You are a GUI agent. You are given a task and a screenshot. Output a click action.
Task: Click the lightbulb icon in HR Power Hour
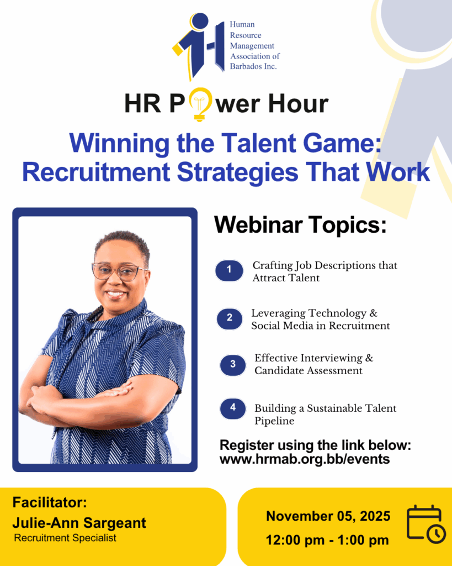click(200, 104)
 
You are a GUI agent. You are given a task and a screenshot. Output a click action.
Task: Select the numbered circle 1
click(229, 270)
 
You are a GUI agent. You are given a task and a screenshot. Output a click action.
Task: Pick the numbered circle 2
click(230, 318)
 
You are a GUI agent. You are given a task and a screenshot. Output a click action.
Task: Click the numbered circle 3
click(233, 365)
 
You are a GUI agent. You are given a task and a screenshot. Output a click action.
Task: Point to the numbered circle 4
click(233, 408)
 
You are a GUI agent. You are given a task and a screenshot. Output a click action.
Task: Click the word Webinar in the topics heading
click(258, 224)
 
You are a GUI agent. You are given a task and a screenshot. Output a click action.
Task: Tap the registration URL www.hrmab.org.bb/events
click(305, 459)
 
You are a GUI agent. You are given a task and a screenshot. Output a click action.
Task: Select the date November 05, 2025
click(328, 516)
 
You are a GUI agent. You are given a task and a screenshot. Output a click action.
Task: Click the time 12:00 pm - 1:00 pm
click(327, 541)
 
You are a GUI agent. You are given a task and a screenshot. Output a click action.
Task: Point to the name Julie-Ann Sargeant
click(79, 523)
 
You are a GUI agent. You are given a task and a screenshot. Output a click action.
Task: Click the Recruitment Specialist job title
click(65, 538)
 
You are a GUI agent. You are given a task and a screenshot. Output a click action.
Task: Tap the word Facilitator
click(50, 502)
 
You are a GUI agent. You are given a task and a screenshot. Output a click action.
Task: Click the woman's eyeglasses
click(119, 271)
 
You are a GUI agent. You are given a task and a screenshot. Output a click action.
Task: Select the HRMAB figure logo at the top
click(198, 46)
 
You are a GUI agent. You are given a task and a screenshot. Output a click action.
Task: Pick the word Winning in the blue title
click(119, 144)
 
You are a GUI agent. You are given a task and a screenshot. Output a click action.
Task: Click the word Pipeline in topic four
click(274, 421)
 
